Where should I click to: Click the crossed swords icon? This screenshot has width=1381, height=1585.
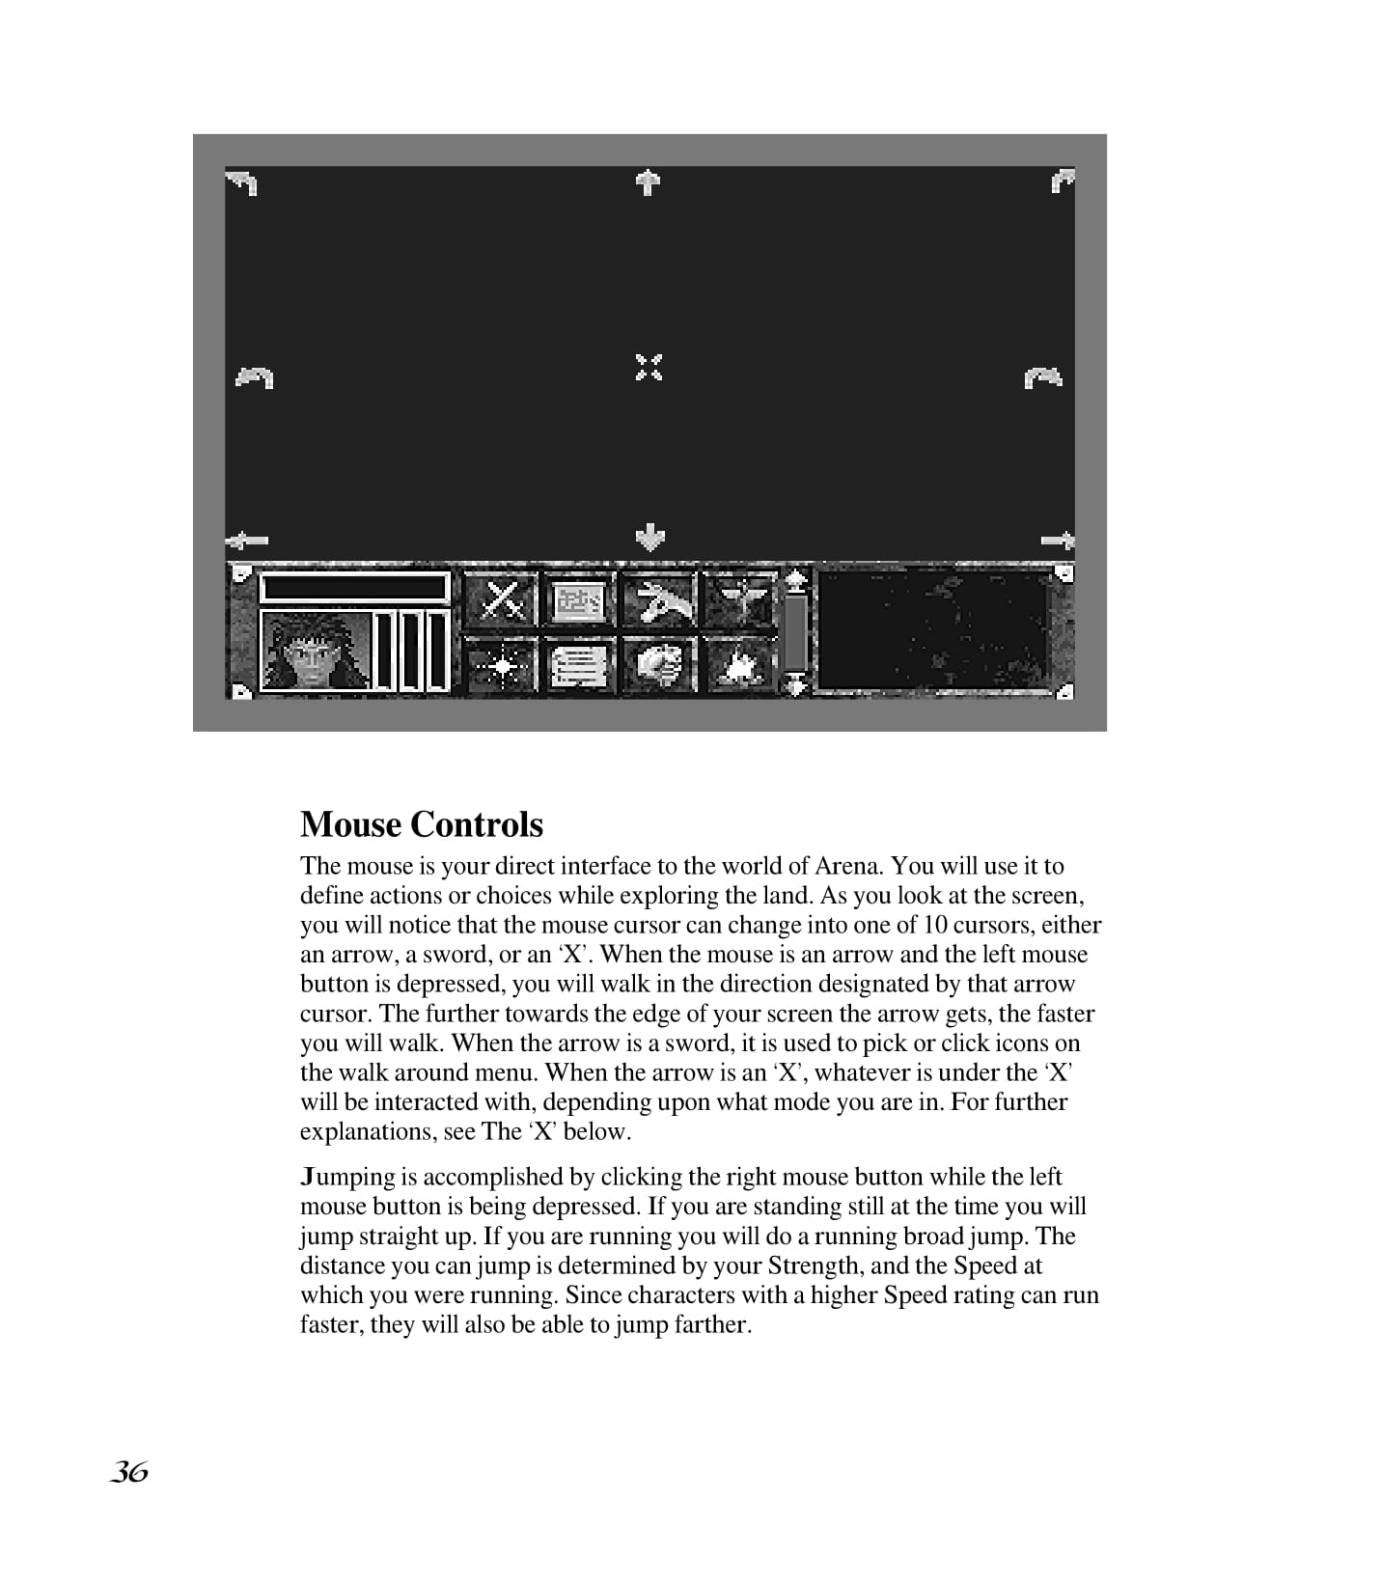click(x=502, y=600)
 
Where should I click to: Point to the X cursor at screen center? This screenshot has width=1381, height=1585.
click(x=649, y=368)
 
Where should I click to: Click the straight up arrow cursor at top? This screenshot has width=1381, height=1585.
click(x=649, y=181)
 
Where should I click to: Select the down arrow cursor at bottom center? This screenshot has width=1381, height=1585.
click(x=650, y=537)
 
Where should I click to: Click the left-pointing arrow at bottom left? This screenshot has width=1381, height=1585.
click(x=247, y=541)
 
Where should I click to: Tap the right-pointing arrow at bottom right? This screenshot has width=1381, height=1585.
click(x=1058, y=541)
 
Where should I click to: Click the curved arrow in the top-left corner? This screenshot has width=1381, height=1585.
click(x=242, y=181)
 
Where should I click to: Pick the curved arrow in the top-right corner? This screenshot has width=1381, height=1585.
click(x=1062, y=181)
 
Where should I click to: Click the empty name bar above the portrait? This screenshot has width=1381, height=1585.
click(x=354, y=587)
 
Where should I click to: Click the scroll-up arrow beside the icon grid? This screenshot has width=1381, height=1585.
click(x=795, y=579)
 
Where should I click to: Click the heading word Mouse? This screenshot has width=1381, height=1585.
click(x=350, y=825)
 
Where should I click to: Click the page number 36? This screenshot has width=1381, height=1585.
click(x=128, y=1472)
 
